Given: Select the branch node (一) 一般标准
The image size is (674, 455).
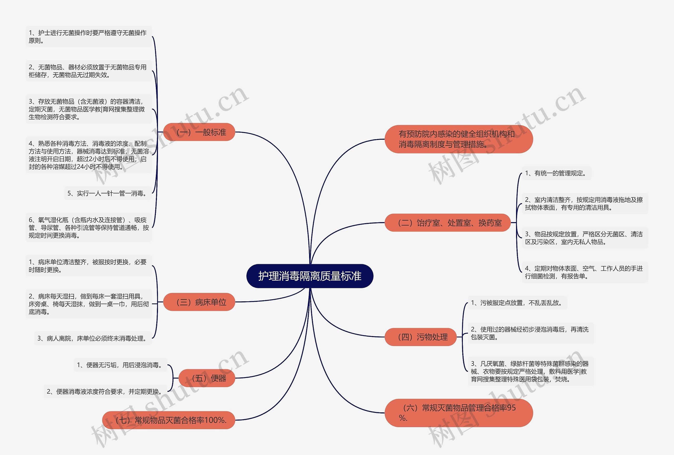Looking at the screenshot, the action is tap(199, 132).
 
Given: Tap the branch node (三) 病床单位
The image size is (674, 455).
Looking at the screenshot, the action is tap(199, 302).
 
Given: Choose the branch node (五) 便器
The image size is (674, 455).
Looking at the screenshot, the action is tap(206, 378).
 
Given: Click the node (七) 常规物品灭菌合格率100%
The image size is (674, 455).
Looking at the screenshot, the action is tap(168, 420).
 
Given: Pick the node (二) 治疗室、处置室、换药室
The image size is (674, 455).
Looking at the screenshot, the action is tap(447, 223).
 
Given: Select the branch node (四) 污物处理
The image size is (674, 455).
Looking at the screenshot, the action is tap(420, 337).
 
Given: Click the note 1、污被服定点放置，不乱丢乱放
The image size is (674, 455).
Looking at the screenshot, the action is tap(517, 303).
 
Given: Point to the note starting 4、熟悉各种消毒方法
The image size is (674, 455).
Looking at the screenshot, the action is tap(89, 155).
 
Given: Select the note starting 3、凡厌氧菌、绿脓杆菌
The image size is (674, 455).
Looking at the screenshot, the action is tap(531, 371).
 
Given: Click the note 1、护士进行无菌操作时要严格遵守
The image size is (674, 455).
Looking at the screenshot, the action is tap(89, 37).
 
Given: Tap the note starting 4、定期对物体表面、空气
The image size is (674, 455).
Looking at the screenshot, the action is tap(585, 272).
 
